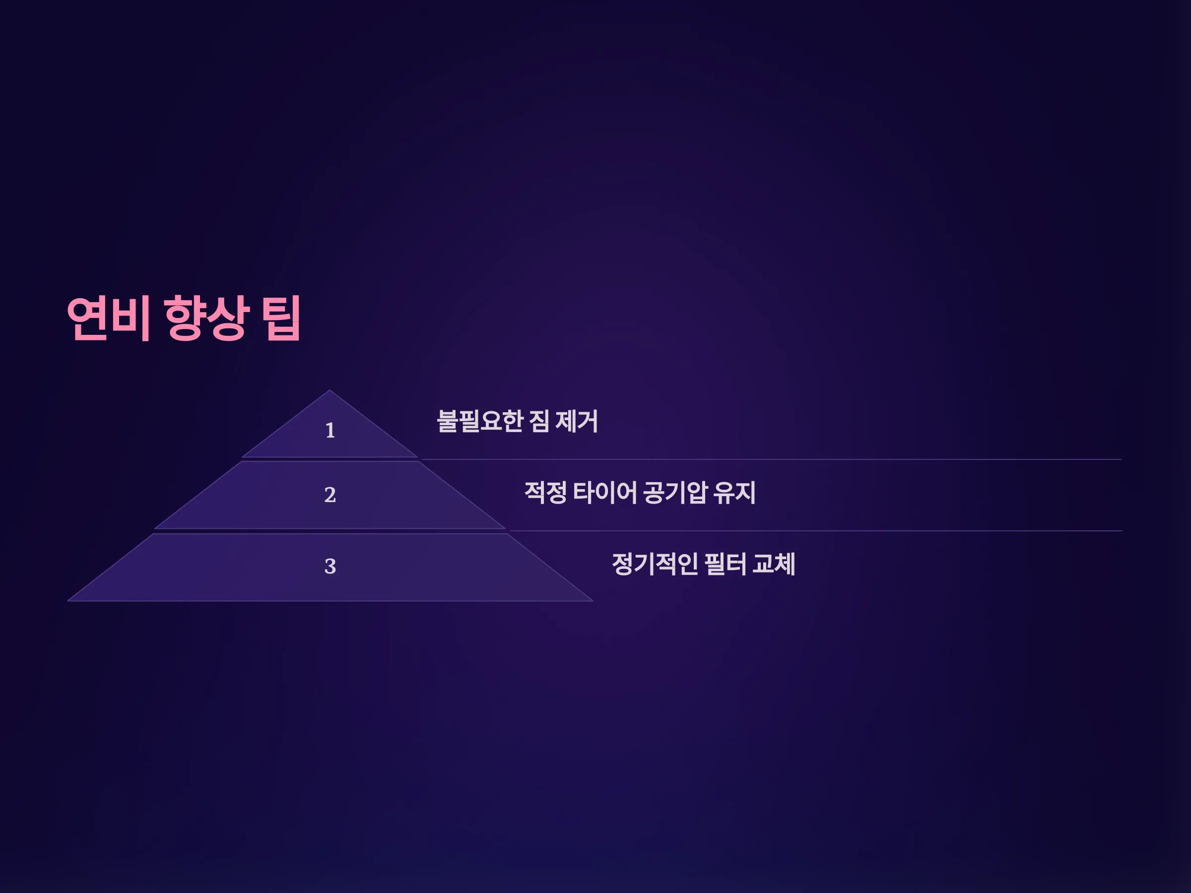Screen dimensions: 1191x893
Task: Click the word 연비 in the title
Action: click(108, 318)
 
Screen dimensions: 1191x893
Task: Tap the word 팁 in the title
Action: click(280, 318)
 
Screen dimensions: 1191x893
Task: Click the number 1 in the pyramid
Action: click(330, 431)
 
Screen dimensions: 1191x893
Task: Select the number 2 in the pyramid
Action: click(330, 495)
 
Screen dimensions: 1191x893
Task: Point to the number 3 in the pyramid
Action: click(330, 566)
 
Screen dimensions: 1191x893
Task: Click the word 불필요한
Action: click(480, 421)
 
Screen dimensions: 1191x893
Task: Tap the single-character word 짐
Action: click(539, 421)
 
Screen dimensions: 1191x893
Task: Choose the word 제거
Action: click(577, 421)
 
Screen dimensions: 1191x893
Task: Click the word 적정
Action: click(545, 493)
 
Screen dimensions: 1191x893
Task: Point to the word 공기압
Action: click(675, 493)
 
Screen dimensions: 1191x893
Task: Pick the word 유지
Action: click(735, 493)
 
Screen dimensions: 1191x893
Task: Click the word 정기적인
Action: click(655, 564)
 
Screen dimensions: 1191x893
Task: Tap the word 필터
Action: click(725, 564)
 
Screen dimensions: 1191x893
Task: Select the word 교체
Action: click(774, 564)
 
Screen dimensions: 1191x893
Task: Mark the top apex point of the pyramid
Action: click(330, 390)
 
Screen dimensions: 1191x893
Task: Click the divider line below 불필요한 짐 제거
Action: click(771, 459)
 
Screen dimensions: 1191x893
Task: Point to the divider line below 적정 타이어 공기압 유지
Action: click(816, 531)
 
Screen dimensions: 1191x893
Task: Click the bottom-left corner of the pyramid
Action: click(67, 601)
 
